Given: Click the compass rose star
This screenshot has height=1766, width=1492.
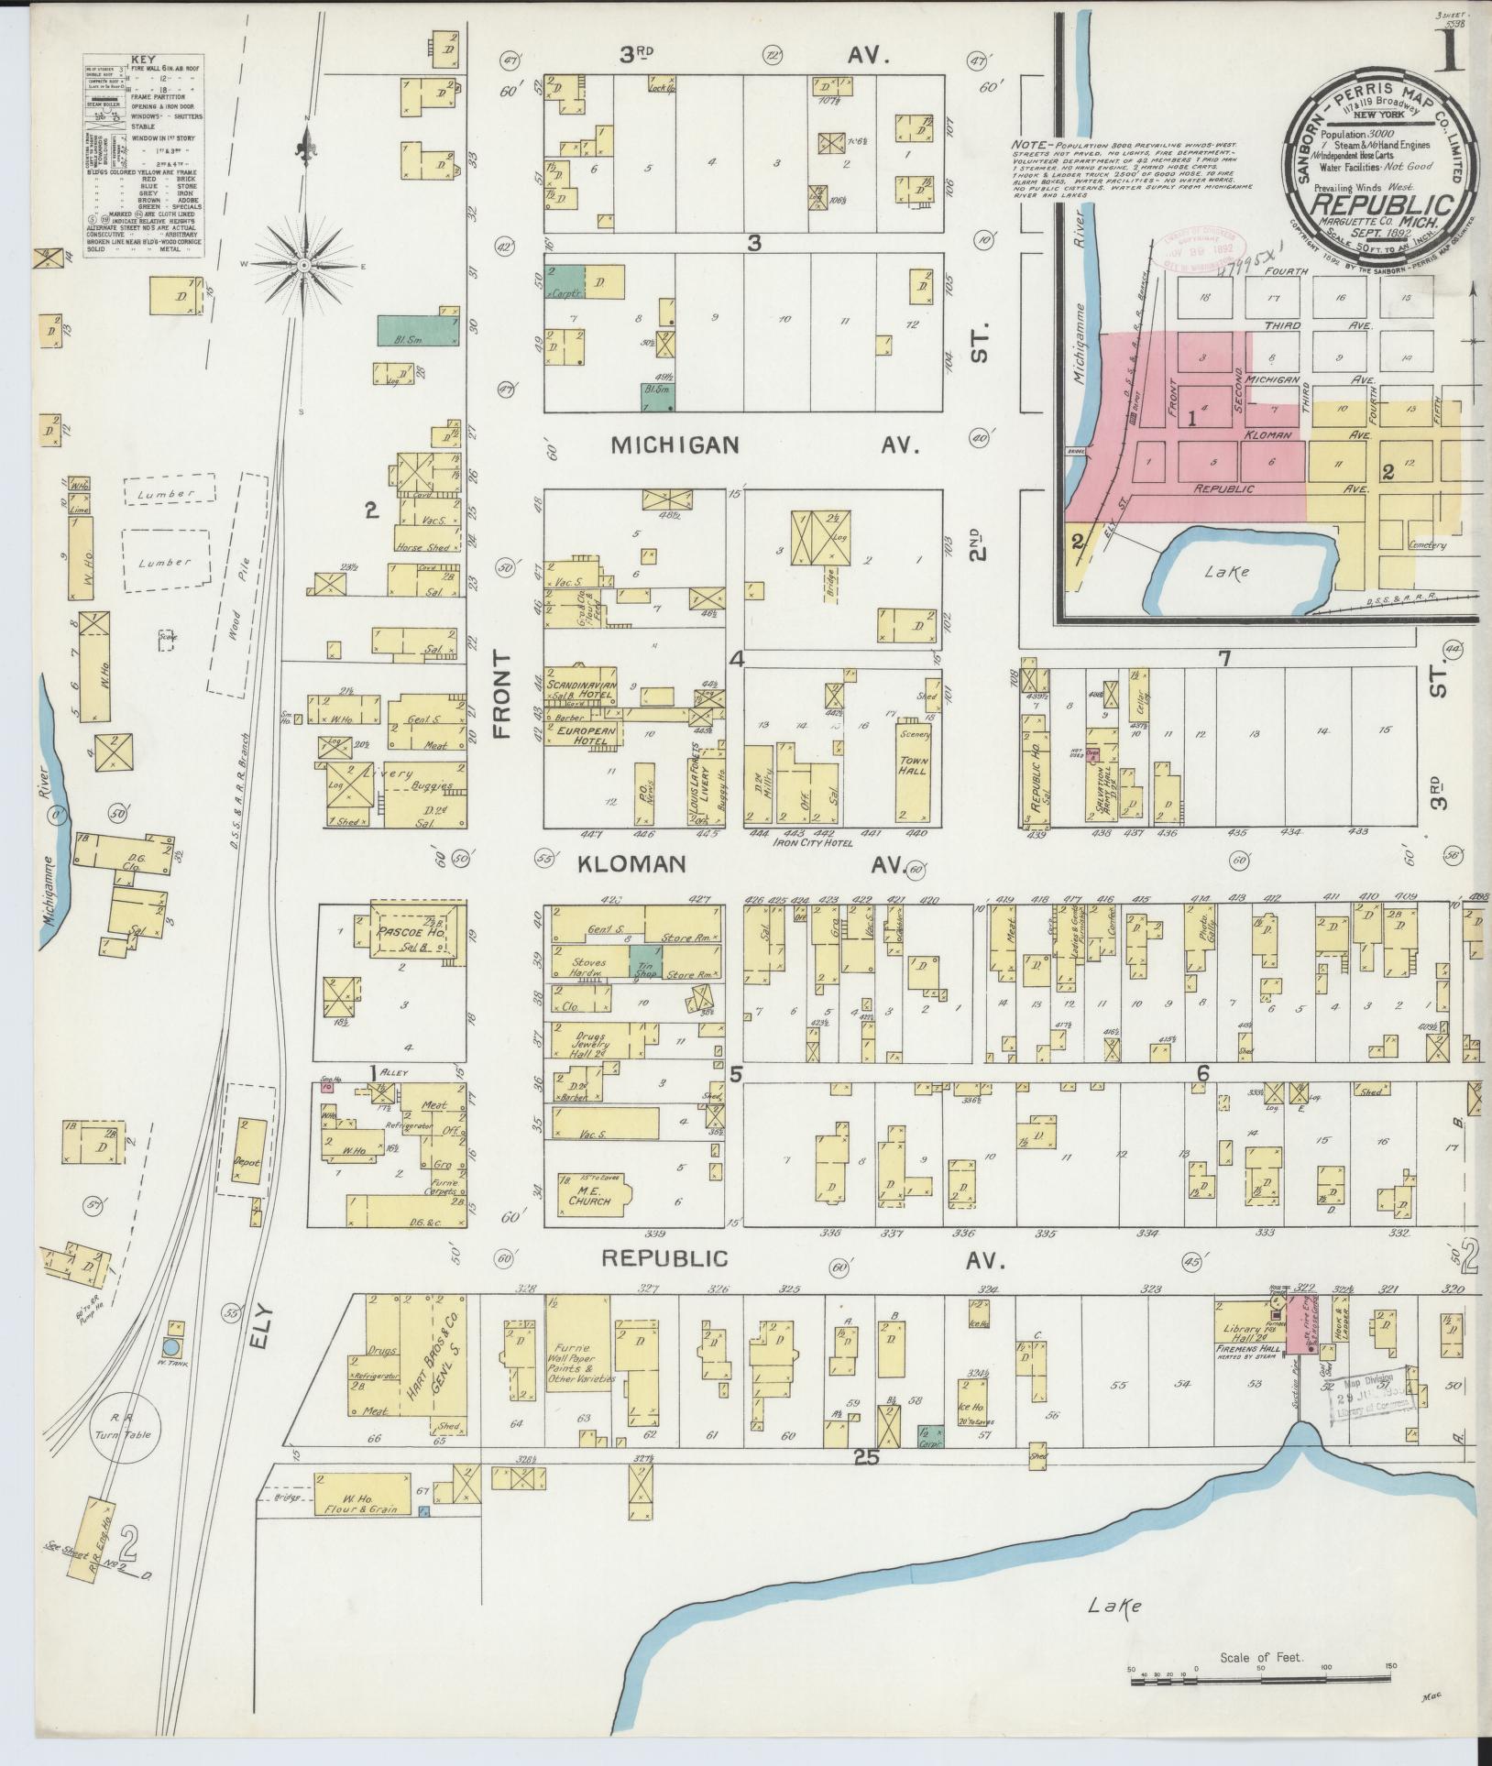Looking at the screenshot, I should pyautogui.click(x=303, y=266).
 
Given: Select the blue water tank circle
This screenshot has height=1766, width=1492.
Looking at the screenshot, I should pyautogui.click(x=170, y=1348).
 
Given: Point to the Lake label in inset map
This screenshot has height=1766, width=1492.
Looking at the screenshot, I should pyautogui.click(x=1227, y=572).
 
